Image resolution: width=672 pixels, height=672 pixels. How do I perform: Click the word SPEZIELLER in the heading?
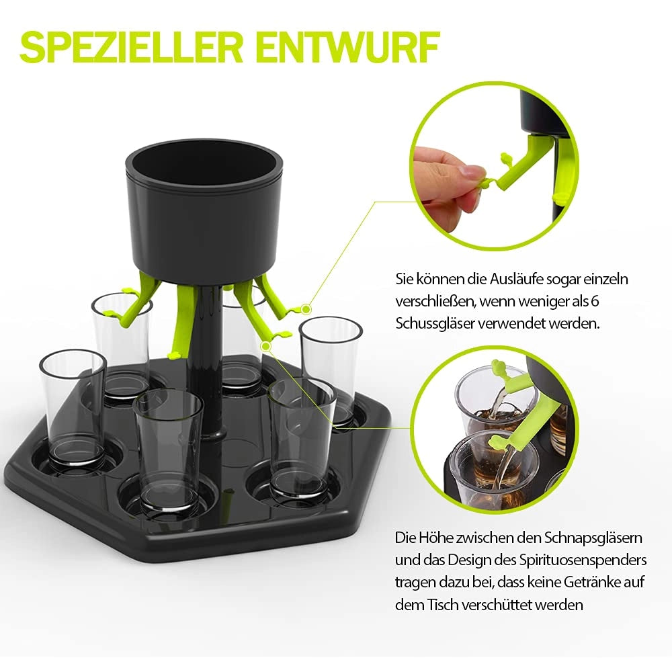coord(132,47)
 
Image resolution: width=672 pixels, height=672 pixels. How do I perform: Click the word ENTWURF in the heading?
coord(348,47)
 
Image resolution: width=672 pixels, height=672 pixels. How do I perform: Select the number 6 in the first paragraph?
coord(595,301)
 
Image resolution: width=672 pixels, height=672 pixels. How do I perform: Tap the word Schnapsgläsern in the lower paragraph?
coord(593,538)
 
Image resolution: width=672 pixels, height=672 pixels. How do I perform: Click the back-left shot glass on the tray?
coord(122,347)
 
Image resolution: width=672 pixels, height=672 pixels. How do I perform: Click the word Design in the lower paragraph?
coord(470,560)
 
